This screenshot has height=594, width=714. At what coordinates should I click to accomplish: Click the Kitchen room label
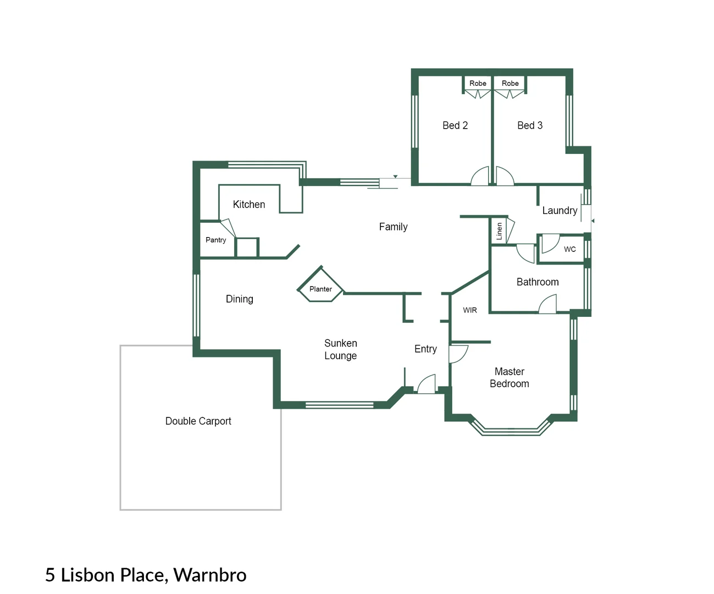point(248,204)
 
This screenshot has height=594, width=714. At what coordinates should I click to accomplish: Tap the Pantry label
point(215,240)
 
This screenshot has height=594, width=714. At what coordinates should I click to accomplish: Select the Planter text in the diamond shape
point(320,289)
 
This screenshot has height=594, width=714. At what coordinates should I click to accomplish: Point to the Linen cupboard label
point(499,231)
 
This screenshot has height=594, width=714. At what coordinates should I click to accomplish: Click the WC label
point(569,249)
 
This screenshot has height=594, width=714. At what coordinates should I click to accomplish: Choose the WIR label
point(469,310)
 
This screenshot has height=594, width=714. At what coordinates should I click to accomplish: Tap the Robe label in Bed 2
point(477,83)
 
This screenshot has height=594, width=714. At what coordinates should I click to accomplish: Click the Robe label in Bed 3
point(510,83)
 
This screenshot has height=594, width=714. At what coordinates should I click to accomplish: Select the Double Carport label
point(198,421)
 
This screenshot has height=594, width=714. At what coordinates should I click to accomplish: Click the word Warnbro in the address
point(209,575)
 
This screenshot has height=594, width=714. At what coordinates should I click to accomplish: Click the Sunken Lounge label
point(340,349)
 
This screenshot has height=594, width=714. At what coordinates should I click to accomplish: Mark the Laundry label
point(560,211)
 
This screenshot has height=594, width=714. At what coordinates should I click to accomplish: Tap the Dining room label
point(239,299)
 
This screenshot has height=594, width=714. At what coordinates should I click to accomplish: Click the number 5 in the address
point(50,575)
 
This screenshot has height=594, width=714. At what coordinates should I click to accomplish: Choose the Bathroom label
point(538,282)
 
